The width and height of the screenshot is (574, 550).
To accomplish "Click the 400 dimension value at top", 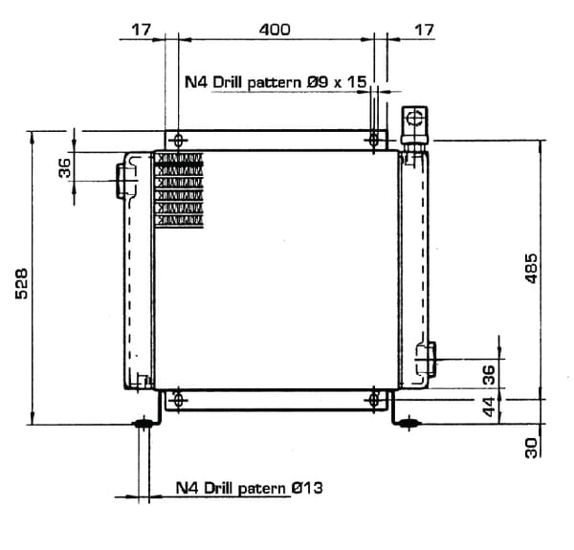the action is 275,30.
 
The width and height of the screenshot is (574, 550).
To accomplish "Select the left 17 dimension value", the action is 141,30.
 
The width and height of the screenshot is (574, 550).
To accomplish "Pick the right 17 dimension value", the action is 424,30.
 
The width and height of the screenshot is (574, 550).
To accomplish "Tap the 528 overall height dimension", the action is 22,283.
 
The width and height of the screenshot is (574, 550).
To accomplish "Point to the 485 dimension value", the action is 531,268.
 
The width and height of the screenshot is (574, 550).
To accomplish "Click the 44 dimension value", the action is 489,407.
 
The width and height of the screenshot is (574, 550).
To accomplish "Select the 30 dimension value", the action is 531,448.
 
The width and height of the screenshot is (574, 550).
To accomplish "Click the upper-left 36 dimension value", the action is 64,167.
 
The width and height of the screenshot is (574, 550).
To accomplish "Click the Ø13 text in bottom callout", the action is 307,488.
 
